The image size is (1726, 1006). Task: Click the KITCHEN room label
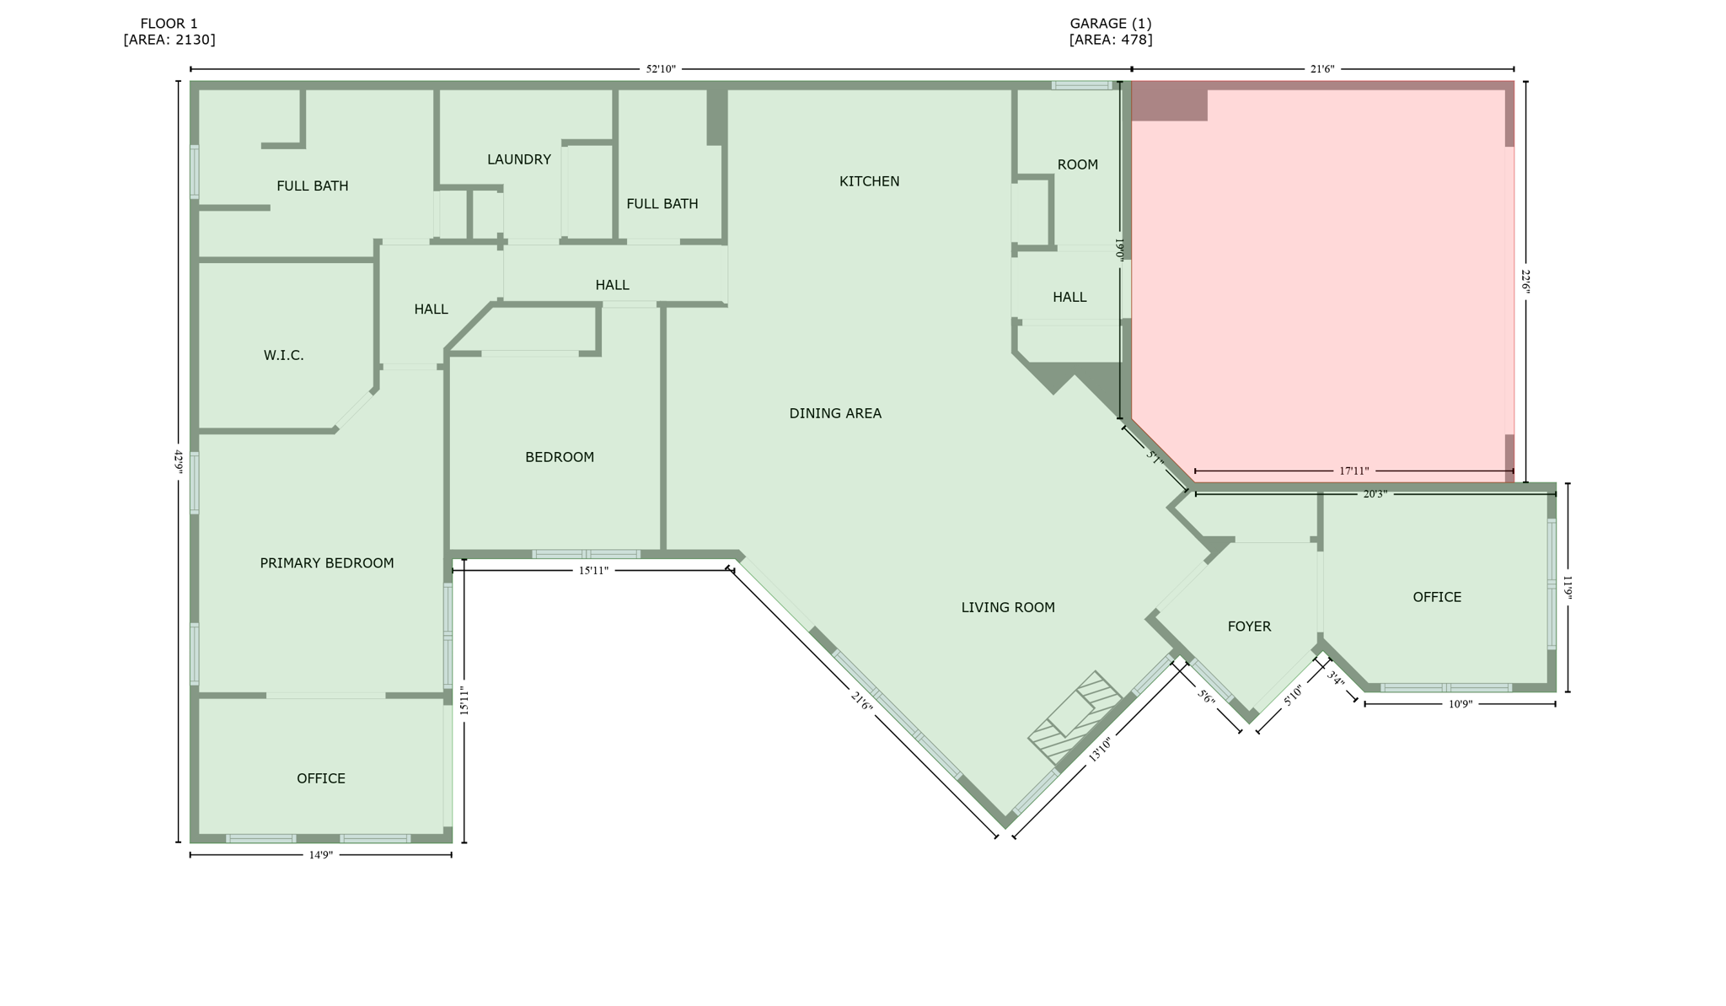(x=869, y=181)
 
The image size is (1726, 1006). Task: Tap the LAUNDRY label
(x=518, y=159)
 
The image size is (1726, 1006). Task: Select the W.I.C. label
(x=283, y=356)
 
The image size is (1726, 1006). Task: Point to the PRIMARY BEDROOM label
(x=326, y=563)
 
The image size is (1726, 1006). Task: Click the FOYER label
(x=1249, y=627)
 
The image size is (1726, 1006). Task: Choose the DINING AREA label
(x=834, y=413)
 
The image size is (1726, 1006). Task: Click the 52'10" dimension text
(x=661, y=69)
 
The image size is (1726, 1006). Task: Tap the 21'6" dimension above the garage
(x=1321, y=69)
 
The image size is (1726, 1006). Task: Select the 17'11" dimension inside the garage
(x=1353, y=471)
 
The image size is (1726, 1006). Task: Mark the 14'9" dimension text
(x=320, y=855)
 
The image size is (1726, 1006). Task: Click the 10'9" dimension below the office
(x=1460, y=704)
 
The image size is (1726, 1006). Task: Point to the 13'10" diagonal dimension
(x=1100, y=748)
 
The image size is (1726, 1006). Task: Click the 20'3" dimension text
(x=1375, y=494)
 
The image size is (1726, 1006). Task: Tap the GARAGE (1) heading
(x=1110, y=24)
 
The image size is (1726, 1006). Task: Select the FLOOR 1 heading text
(x=169, y=24)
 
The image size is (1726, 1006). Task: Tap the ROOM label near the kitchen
(x=1077, y=164)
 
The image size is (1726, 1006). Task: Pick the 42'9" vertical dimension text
(x=178, y=462)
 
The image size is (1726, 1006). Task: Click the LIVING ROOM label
(x=1007, y=607)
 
